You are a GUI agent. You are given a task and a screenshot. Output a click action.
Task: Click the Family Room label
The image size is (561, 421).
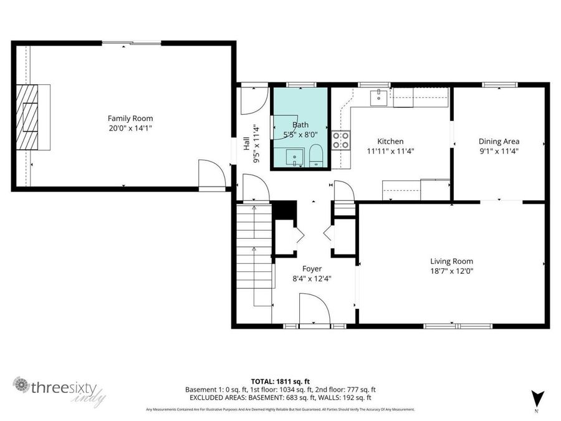click(130, 119)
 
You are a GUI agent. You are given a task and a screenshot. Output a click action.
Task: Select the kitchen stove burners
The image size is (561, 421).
click(341, 140)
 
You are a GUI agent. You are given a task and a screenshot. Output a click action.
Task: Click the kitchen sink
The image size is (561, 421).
click(378, 97)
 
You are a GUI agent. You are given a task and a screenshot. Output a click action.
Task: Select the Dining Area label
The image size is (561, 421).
click(499, 142)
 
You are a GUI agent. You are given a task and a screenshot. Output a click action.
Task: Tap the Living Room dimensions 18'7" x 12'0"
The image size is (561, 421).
click(451, 271)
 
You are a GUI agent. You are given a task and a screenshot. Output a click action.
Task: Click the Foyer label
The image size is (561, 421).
click(312, 269)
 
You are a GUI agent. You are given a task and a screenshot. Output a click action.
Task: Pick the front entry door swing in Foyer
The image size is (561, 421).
click(314, 310)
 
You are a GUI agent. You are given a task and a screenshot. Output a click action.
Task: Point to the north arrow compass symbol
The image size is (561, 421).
click(535, 398)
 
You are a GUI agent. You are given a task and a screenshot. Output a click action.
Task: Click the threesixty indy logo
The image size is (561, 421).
click(59, 390)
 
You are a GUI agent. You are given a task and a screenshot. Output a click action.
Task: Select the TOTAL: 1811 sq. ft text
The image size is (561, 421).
click(280, 380)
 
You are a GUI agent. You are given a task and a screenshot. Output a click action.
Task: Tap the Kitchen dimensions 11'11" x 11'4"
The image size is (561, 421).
click(390, 151)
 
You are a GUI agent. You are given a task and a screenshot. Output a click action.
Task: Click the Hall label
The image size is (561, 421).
click(247, 145)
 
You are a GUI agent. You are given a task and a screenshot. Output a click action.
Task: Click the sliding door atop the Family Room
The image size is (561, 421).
click(132, 43)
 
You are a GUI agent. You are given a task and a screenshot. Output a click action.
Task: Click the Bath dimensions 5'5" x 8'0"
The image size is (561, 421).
click(301, 134)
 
